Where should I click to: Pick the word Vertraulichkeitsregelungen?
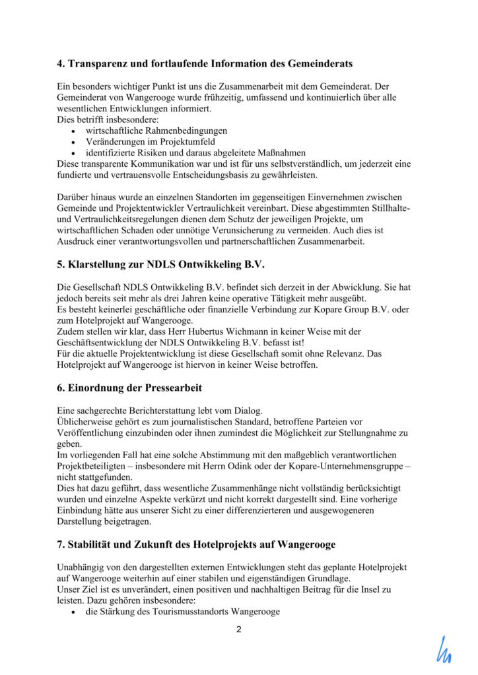tap(128, 220)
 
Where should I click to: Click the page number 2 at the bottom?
tap(239, 630)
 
